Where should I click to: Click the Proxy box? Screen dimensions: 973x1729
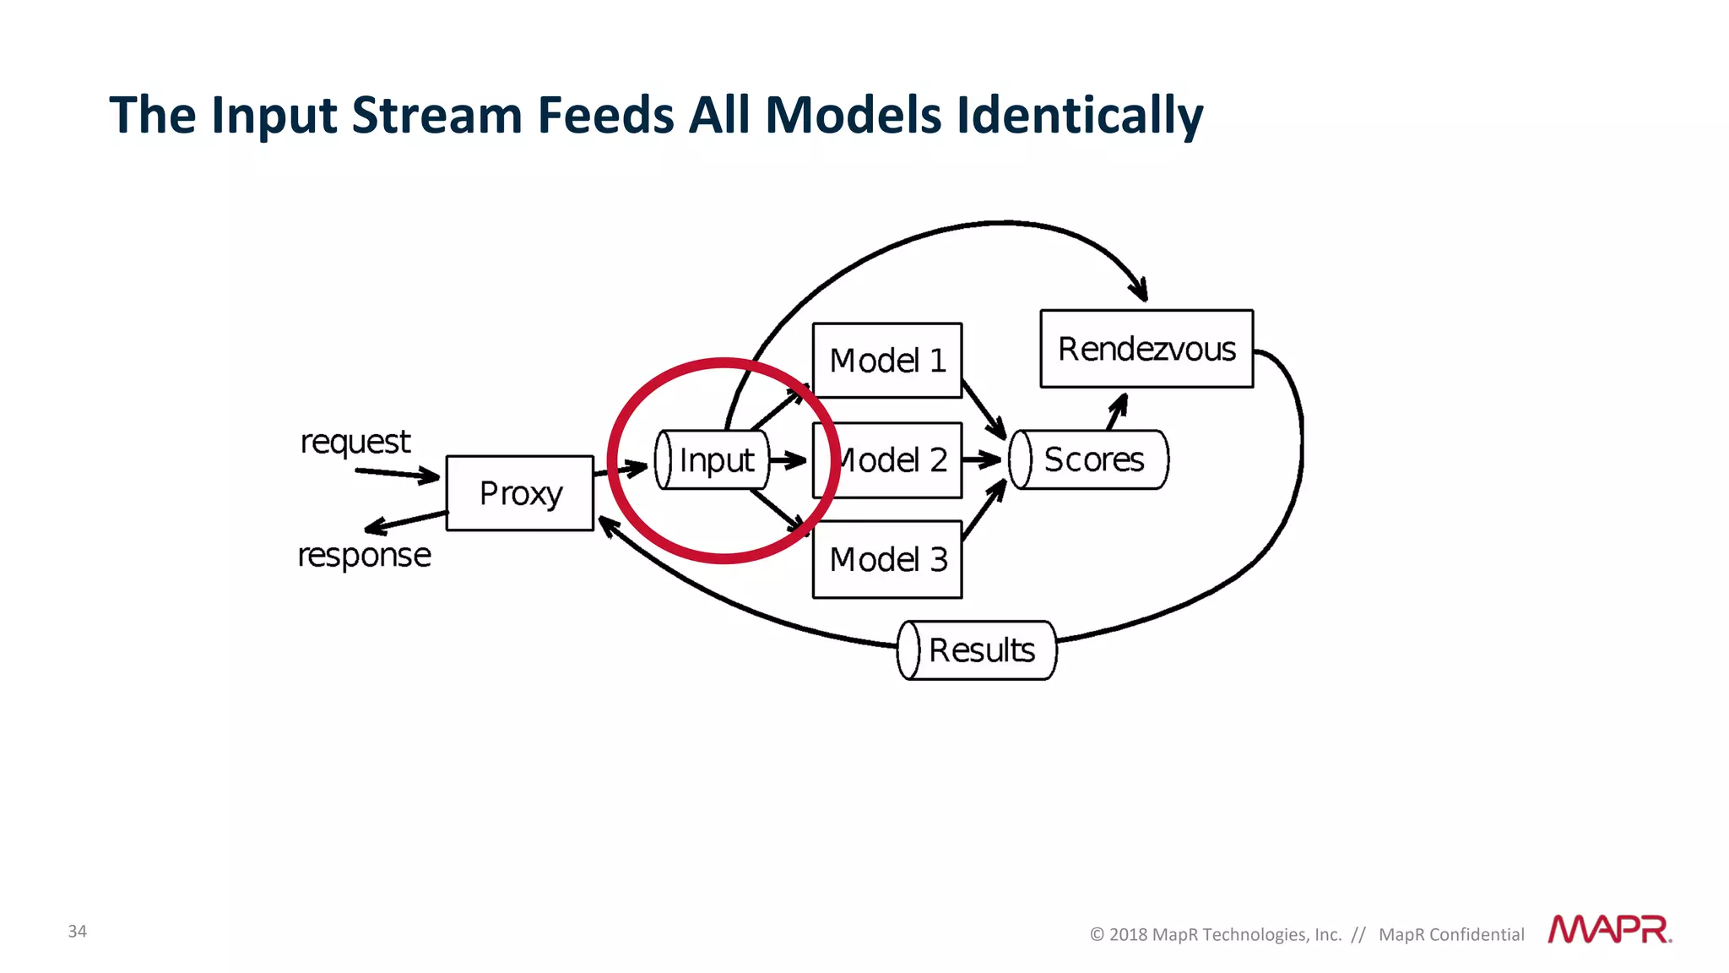pos(519,493)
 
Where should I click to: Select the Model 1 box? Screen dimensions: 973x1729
pos(886,361)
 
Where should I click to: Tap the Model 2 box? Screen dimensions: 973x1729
pos(895,460)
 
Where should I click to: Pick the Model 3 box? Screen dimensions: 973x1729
pos(886,559)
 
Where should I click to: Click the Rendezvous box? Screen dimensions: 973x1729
pos(1146,349)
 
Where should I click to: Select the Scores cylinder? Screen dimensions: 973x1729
pos(1089,459)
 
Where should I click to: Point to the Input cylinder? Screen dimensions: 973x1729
pos(713,460)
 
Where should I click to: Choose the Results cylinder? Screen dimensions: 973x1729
pos(977,650)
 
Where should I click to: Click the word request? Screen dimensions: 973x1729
pos(355,442)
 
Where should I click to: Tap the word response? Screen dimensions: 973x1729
pos(364,556)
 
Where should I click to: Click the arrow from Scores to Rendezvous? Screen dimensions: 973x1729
pos(1117,411)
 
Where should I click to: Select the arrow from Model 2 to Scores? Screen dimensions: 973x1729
pos(981,459)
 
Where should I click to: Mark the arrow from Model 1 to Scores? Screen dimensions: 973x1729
pos(984,410)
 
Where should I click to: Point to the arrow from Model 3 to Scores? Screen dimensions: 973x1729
pos(984,510)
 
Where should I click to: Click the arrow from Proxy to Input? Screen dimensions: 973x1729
pos(623,468)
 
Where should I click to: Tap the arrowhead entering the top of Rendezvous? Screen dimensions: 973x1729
pos(1140,289)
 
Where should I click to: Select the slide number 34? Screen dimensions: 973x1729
pos(77,931)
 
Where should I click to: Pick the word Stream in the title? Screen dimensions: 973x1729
pos(436,116)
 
